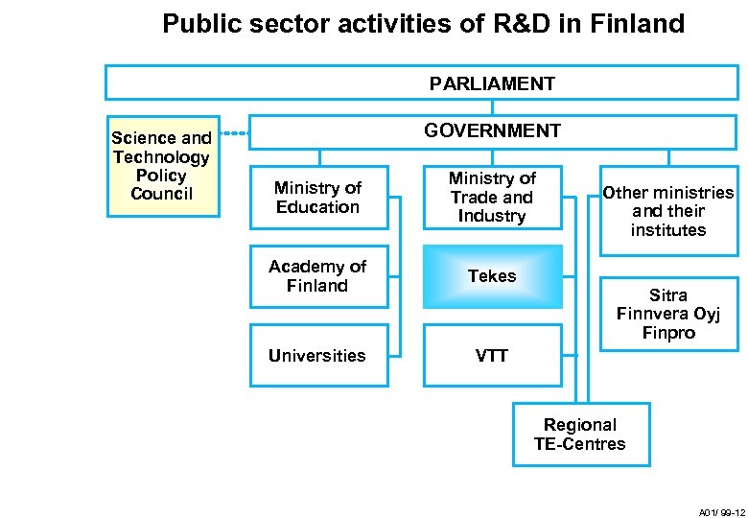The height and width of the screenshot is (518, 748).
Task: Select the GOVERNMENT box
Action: tap(493, 130)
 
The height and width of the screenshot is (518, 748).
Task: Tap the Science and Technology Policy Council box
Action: tap(161, 166)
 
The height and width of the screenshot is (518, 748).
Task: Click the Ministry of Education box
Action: tap(317, 198)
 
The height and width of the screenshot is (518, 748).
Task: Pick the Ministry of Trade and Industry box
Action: tap(492, 198)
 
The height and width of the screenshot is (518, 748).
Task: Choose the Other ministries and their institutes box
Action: tap(668, 211)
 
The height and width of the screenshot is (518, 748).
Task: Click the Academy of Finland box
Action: tap(317, 276)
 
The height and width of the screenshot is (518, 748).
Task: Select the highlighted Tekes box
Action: tap(492, 276)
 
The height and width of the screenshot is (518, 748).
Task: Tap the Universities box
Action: tap(317, 356)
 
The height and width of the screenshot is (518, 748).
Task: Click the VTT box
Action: tap(492, 356)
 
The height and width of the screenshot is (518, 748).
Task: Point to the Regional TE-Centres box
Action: tap(580, 435)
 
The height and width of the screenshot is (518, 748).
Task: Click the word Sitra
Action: tap(668, 295)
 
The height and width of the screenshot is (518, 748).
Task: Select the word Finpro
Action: tap(668, 334)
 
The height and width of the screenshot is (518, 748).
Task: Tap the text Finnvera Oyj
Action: tap(668, 315)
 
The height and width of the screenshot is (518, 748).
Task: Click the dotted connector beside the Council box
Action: tap(235, 132)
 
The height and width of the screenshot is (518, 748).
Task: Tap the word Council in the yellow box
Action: tap(161, 194)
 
